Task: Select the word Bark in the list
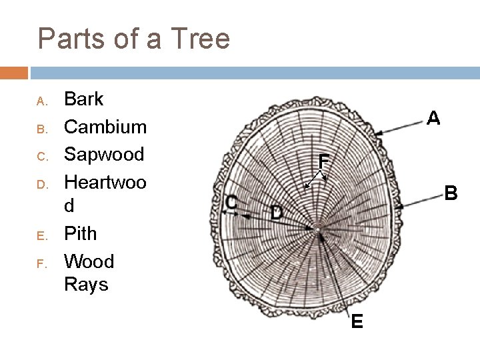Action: click(84, 99)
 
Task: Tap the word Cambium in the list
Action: click(105, 126)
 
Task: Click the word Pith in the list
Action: click(81, 233)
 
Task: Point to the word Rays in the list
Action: click(85, 285)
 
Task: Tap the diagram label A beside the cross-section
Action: click(433, 119)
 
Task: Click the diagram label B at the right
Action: click(451, 195)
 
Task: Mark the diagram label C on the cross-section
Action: click(231, 202)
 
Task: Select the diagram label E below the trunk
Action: click(357, 323)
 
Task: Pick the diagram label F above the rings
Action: click(323, 161)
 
